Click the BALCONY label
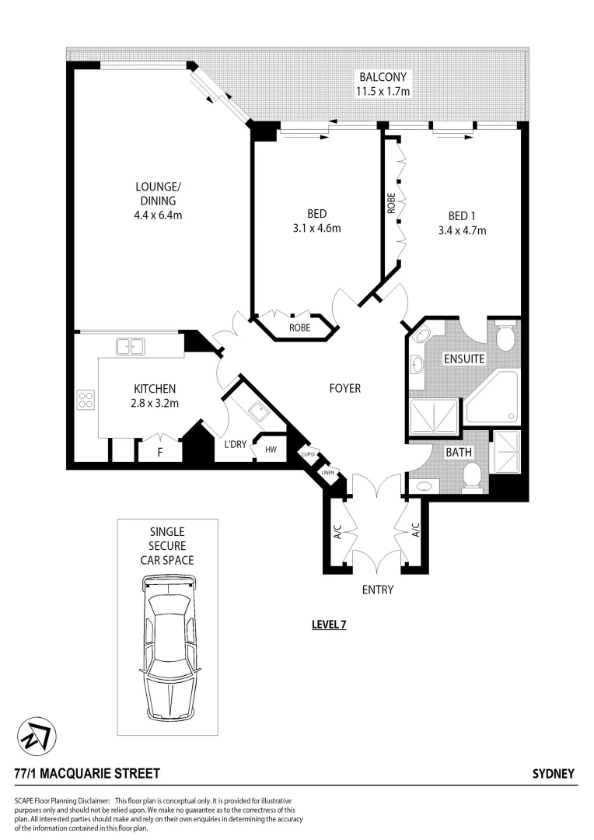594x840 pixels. [x=382, y=77]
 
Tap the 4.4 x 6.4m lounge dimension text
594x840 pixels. [x=158, y=215]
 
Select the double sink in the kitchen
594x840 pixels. [x=130, y=346]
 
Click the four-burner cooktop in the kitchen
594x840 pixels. [x=86, y=400]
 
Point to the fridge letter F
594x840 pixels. [x=160, y=450]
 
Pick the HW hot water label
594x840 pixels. [x=271, y=450]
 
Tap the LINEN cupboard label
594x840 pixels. [x=329, y=471]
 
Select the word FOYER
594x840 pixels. [x=344, y=387]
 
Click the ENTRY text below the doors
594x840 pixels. [x=377, y=590]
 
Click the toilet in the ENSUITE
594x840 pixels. [x=505, y=336]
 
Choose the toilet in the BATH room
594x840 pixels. [x=471, y=476]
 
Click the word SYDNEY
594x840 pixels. [x=553, y=773]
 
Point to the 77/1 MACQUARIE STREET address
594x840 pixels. [x=87, y=773]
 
